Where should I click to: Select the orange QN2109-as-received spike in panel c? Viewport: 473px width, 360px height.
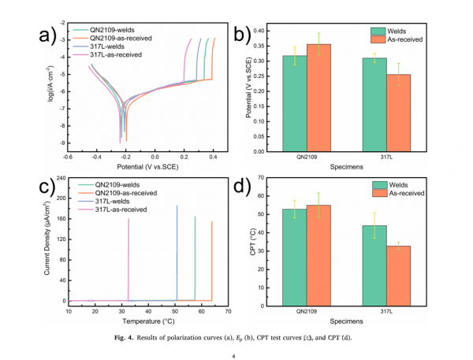pos(212,260)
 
